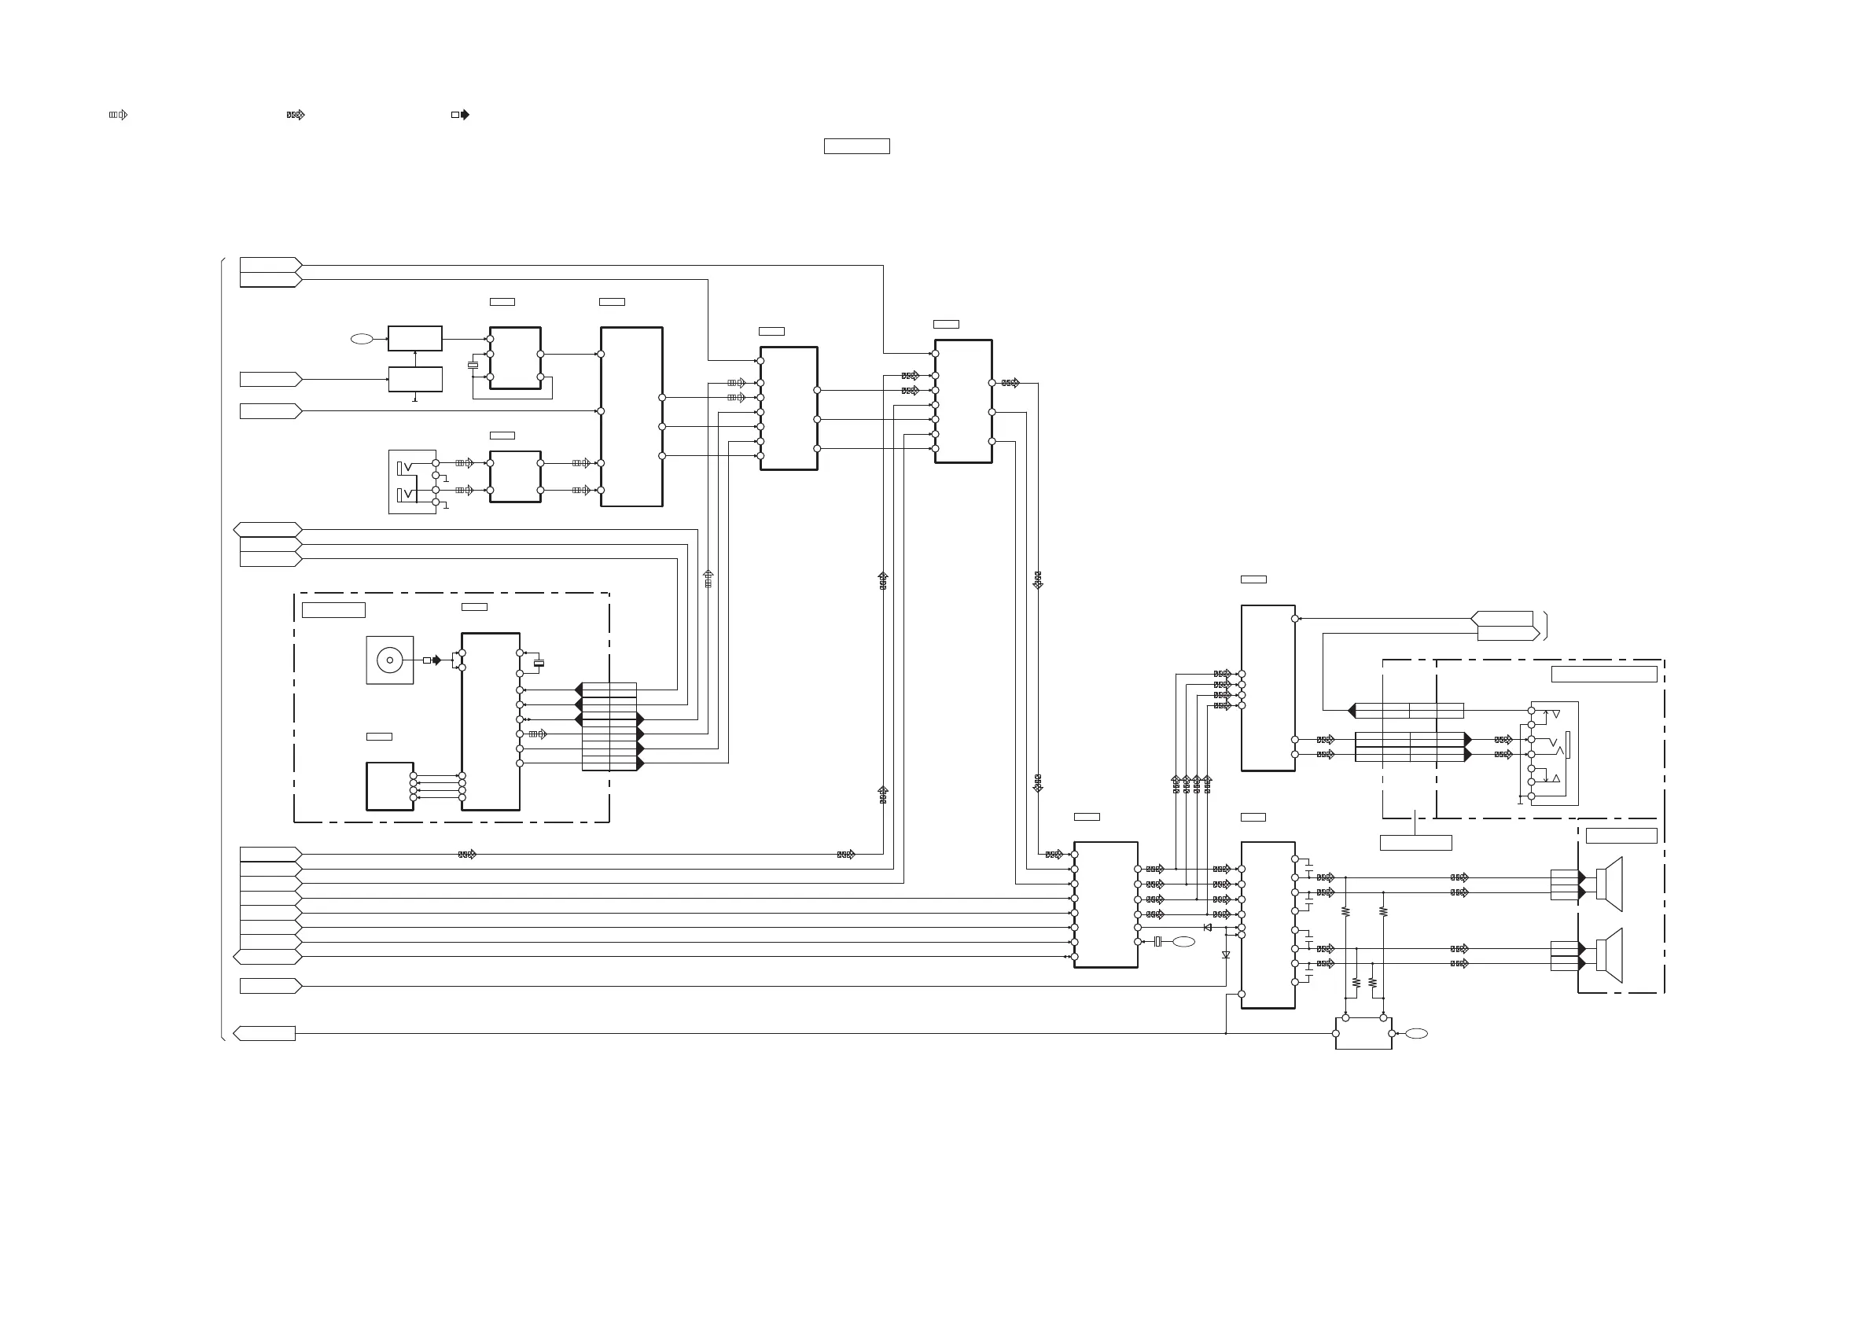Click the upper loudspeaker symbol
pos(1610,884)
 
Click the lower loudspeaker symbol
pos(1610,955)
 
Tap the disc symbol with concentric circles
pos(390,660)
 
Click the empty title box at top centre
pos(856,146)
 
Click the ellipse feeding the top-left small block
pos(362,339)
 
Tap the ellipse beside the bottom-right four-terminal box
pos(1416,1034)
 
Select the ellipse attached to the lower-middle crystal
pos(1183,942)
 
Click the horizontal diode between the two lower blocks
pos(1207,928)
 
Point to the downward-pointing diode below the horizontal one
pos(1226,954)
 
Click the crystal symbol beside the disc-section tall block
pos(539,664)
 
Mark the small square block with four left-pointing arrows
pos(390,786)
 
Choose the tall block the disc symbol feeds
pos(491,722)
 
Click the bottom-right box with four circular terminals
pos(1363,1034)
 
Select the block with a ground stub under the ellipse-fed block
pos(415,379)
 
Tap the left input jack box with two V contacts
pos(412,481)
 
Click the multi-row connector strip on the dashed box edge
pos(609,726)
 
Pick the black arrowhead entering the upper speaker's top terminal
pos(1582,877)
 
